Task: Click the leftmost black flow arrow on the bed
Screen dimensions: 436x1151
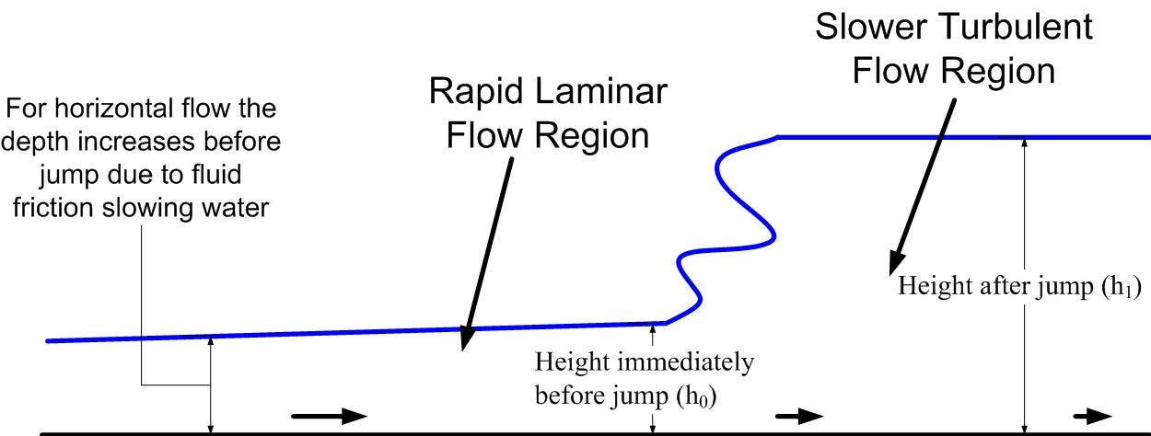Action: click(x=329, y=416)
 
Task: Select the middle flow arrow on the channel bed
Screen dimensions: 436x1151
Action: click(x=798, y=416)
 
